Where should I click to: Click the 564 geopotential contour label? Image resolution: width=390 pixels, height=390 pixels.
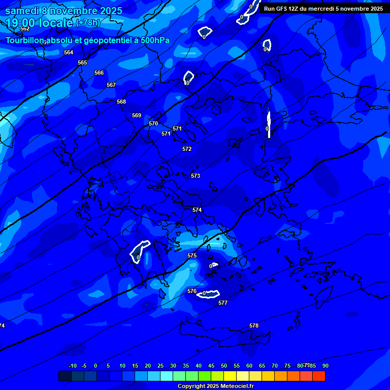(69, 52)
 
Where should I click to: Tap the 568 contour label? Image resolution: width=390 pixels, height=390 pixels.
(121, 102)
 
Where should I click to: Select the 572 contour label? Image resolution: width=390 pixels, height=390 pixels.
(187, 149)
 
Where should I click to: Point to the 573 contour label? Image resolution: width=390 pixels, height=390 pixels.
(196, 176)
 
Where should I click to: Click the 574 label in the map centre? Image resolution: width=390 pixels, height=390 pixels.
(197, 210)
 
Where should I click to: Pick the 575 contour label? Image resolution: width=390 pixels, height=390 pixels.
(192, 255)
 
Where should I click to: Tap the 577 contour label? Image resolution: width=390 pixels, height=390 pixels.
(223, 303)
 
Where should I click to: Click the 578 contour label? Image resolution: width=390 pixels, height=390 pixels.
(254, 326)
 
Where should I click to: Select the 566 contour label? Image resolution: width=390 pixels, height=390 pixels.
(99, 73)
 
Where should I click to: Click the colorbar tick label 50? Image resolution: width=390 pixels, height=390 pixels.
(224, 366)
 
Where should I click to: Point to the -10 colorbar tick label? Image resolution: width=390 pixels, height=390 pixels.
(72, 366)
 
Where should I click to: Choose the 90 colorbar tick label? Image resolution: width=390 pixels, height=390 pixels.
(325, 366)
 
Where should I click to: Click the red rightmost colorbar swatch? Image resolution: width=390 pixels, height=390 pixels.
(319, 376)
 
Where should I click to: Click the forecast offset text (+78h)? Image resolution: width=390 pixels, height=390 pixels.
(88, 22)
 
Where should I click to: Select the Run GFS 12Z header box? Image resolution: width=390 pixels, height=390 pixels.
(323, 8)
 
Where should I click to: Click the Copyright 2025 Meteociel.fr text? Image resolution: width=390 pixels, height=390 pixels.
(215, 386)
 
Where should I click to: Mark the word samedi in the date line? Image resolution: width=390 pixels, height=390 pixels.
(22, 11)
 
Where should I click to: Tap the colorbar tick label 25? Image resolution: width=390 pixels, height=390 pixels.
(160, 366)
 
